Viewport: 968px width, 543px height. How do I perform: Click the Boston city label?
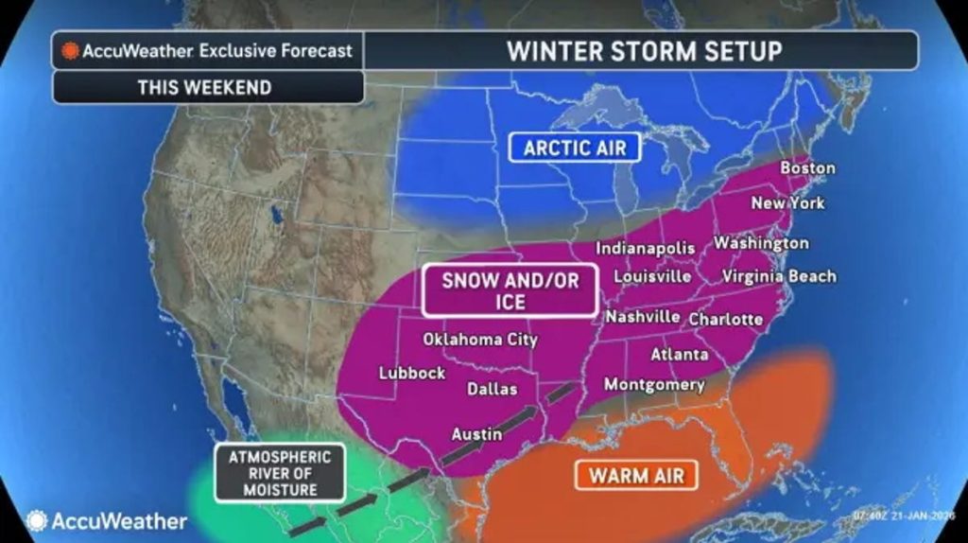[807, 168]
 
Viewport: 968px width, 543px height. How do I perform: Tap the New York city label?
[787, 203]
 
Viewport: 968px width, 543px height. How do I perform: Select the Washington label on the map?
[761, 243]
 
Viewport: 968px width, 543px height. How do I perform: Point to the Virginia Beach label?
[779, 277]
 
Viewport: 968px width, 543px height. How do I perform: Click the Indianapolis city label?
[645, 248]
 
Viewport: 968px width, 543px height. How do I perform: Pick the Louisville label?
[652, 277]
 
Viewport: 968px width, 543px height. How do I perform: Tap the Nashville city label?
[643, 317]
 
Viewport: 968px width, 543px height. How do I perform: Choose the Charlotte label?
[725, 320]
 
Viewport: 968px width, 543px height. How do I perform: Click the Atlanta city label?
[679, 355]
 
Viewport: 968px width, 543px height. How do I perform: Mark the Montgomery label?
[654, 385]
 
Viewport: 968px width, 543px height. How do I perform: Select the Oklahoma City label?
[480, 340]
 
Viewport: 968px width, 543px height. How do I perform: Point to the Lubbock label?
[412, 373]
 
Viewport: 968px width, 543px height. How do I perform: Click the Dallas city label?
[493, 389]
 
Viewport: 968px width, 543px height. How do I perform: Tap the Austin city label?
[476, 434]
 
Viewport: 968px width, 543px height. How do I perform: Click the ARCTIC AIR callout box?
[575, 148]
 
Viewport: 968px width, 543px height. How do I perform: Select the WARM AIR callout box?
[635, 474]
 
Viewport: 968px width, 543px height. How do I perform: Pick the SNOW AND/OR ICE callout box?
[510, 289]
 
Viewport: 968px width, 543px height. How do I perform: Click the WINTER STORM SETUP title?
[644, 50]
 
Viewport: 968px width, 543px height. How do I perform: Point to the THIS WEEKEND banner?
[204, 87]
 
